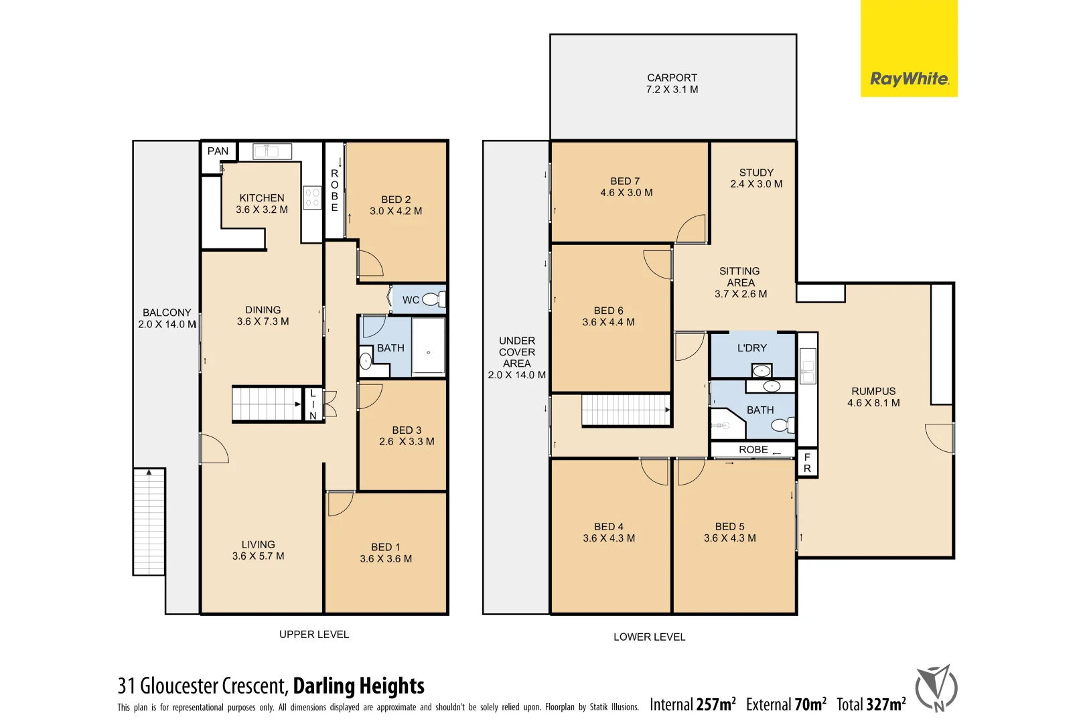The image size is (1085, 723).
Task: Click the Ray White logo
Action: point(909,79)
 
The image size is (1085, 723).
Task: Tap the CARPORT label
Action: point(672,78)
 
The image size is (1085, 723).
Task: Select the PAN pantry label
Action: point(218,151)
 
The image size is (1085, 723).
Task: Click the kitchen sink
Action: point(272,151)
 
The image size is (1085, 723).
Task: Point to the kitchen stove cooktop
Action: point(312,197)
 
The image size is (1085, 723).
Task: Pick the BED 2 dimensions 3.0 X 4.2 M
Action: point(396,211)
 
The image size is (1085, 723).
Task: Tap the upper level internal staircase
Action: point(267,404)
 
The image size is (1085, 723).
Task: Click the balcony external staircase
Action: point(149,521)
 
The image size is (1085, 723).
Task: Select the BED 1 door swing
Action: point(340,503)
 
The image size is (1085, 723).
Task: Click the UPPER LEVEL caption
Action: point(314,635)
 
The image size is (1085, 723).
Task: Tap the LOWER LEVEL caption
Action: point(649,637)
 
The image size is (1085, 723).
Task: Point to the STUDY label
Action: point(756,173)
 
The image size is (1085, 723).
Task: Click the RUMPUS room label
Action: point(873,392)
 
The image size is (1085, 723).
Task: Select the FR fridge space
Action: point(807,463)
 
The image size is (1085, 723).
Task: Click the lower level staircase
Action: point(626,410)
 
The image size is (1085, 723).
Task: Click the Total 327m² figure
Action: point(871,704)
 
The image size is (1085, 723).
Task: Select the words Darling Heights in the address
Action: point(358,686)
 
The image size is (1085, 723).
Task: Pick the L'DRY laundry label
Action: point(751,348)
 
